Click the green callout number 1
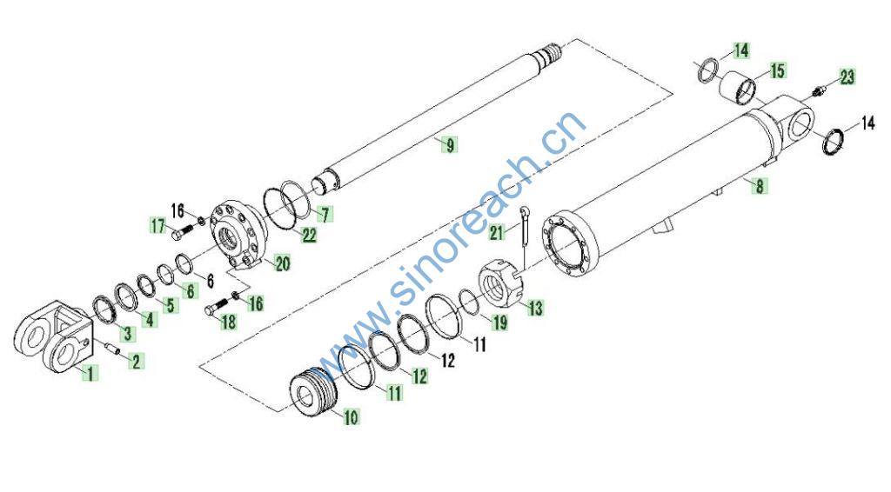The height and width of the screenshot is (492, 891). (x=90, y=373)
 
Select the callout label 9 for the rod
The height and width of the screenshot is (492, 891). (x=450, y=144)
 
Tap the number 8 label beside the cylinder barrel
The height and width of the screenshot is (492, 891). (x=759, y=185)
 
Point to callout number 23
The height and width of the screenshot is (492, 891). (x=847, y=76)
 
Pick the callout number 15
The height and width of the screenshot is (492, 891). (x=777, y=71)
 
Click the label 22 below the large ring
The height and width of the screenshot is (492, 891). (x=309, y=235)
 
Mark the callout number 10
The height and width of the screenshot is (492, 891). (x=352, y=417)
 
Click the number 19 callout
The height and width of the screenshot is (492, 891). (x=499, y=322)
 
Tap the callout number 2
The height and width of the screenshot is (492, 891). (x=137, y=361)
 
